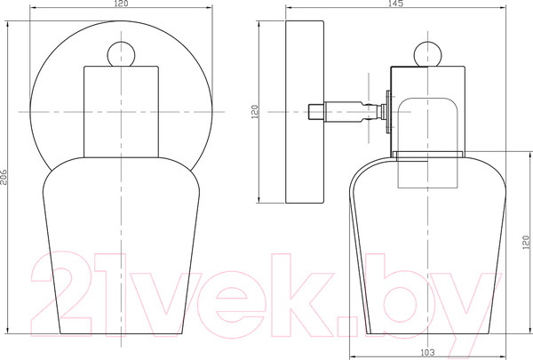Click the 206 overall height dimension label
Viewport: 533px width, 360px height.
tap(4, 177)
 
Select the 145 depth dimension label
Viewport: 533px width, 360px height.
tap(395, 4)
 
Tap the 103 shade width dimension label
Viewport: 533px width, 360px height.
tap(427, 352)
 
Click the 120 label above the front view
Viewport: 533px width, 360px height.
tap(121, 4)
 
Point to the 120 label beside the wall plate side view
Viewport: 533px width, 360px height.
tap(255, 112)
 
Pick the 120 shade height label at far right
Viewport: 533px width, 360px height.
tap(526, 243)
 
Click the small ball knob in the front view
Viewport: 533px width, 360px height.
tap(121, 54)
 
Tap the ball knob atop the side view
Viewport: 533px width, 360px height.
tap(427, 54)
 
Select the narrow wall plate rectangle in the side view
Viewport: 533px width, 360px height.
tap(305, 112)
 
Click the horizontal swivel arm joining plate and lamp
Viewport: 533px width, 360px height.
tap(346, 112)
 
